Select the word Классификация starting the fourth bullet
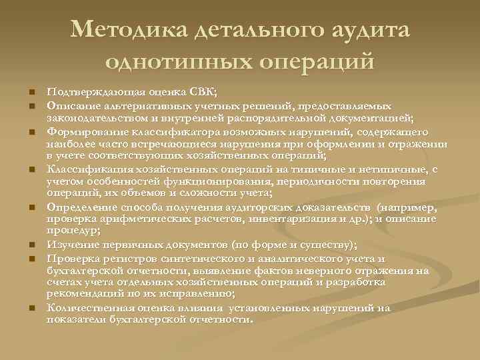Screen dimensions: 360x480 coord(85,169)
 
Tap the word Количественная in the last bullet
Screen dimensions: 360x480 coord(85,308)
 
